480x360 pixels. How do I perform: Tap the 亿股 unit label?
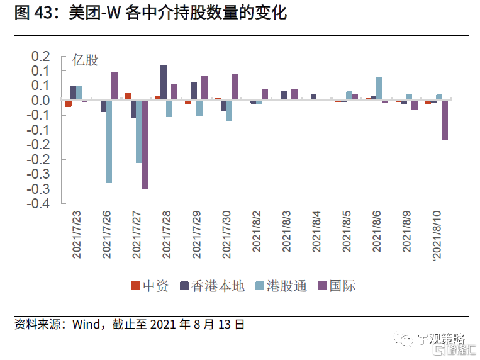86,61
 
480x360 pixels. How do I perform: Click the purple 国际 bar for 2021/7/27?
145,144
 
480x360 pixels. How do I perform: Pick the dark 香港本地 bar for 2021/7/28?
164,82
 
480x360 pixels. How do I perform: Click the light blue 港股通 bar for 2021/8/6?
379,88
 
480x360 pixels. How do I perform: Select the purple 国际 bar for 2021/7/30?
235,87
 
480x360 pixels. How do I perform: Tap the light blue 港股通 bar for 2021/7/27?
139,132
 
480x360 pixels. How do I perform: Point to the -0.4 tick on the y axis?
40,204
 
